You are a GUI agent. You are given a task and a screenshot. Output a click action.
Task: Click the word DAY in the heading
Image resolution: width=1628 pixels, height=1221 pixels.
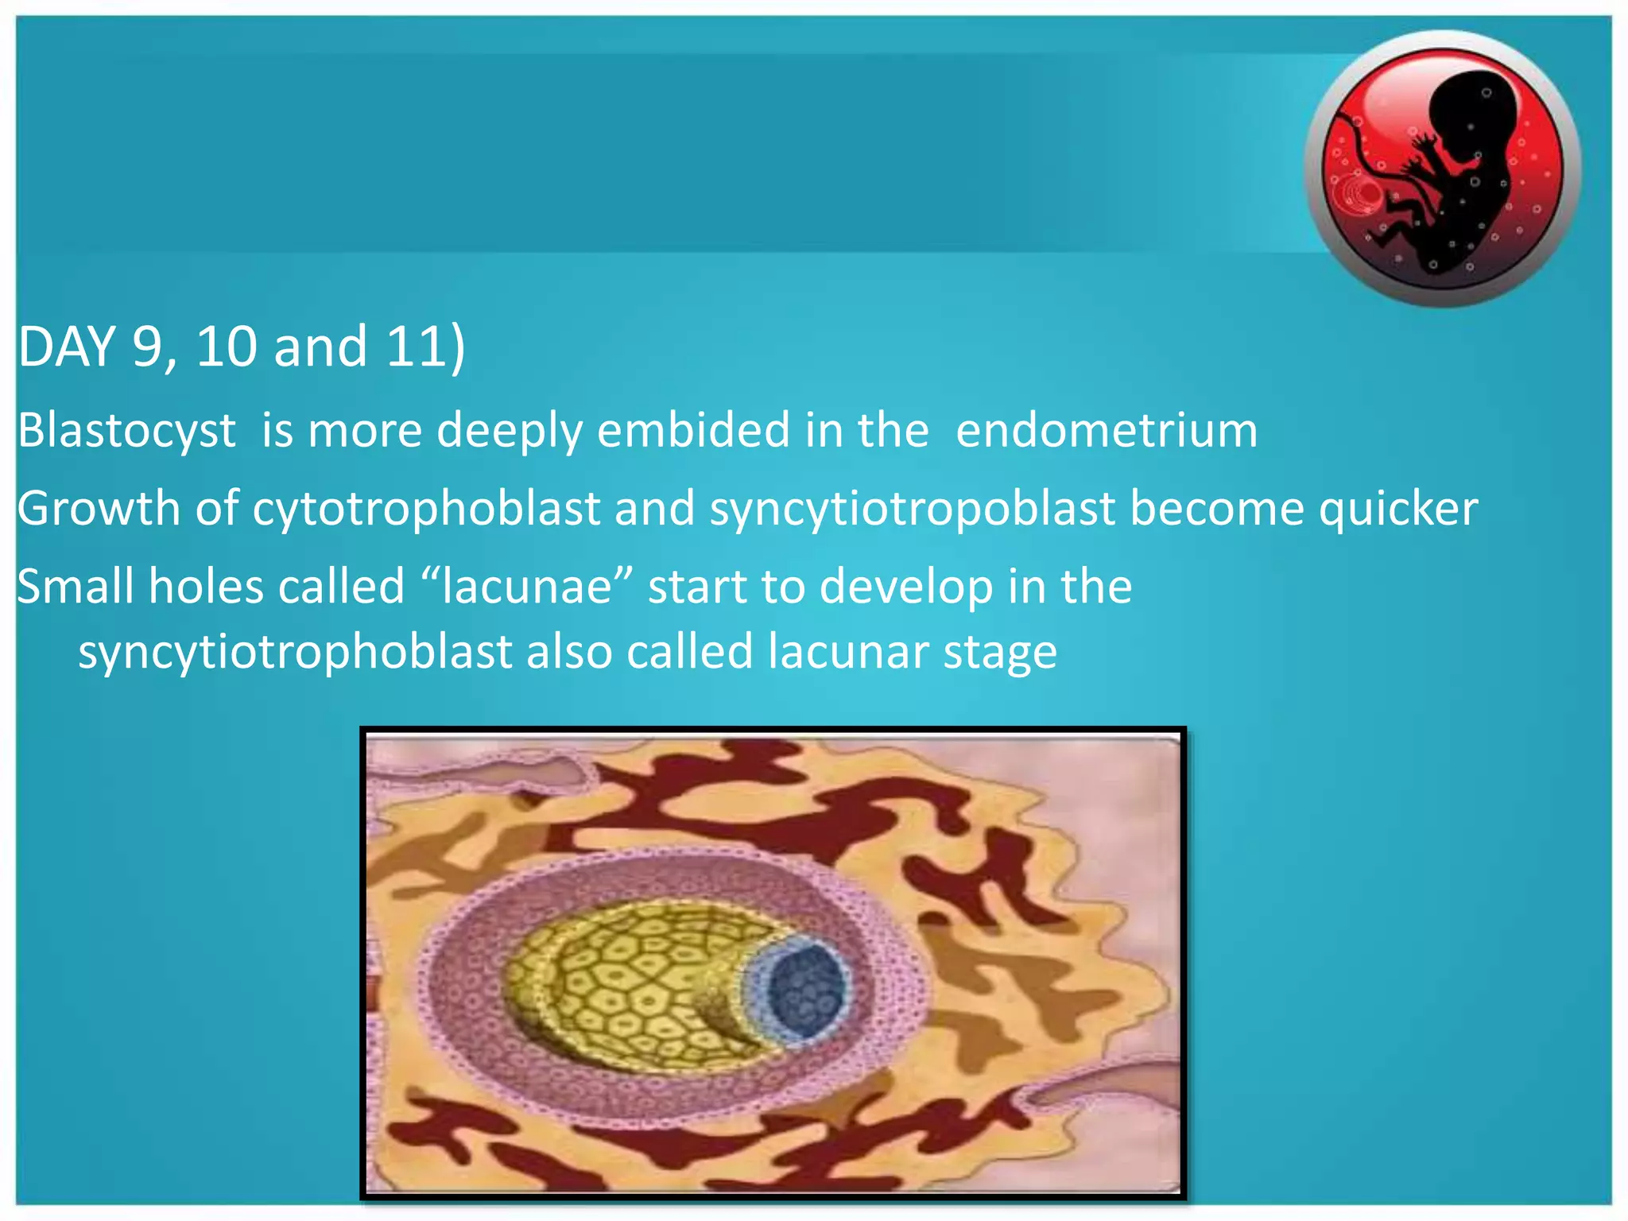67,347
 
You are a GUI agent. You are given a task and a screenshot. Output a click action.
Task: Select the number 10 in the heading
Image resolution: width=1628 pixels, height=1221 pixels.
226,347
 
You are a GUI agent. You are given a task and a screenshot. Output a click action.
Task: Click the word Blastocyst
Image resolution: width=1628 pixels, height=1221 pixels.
126,431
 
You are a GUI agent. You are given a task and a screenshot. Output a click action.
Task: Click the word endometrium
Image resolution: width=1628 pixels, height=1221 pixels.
1107,431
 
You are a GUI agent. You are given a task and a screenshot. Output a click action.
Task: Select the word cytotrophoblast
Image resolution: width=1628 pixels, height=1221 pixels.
426,509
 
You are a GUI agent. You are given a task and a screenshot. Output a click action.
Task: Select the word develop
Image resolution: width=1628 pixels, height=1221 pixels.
906,587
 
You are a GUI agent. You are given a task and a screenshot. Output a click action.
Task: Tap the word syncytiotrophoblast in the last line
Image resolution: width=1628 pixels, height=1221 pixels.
295,652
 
